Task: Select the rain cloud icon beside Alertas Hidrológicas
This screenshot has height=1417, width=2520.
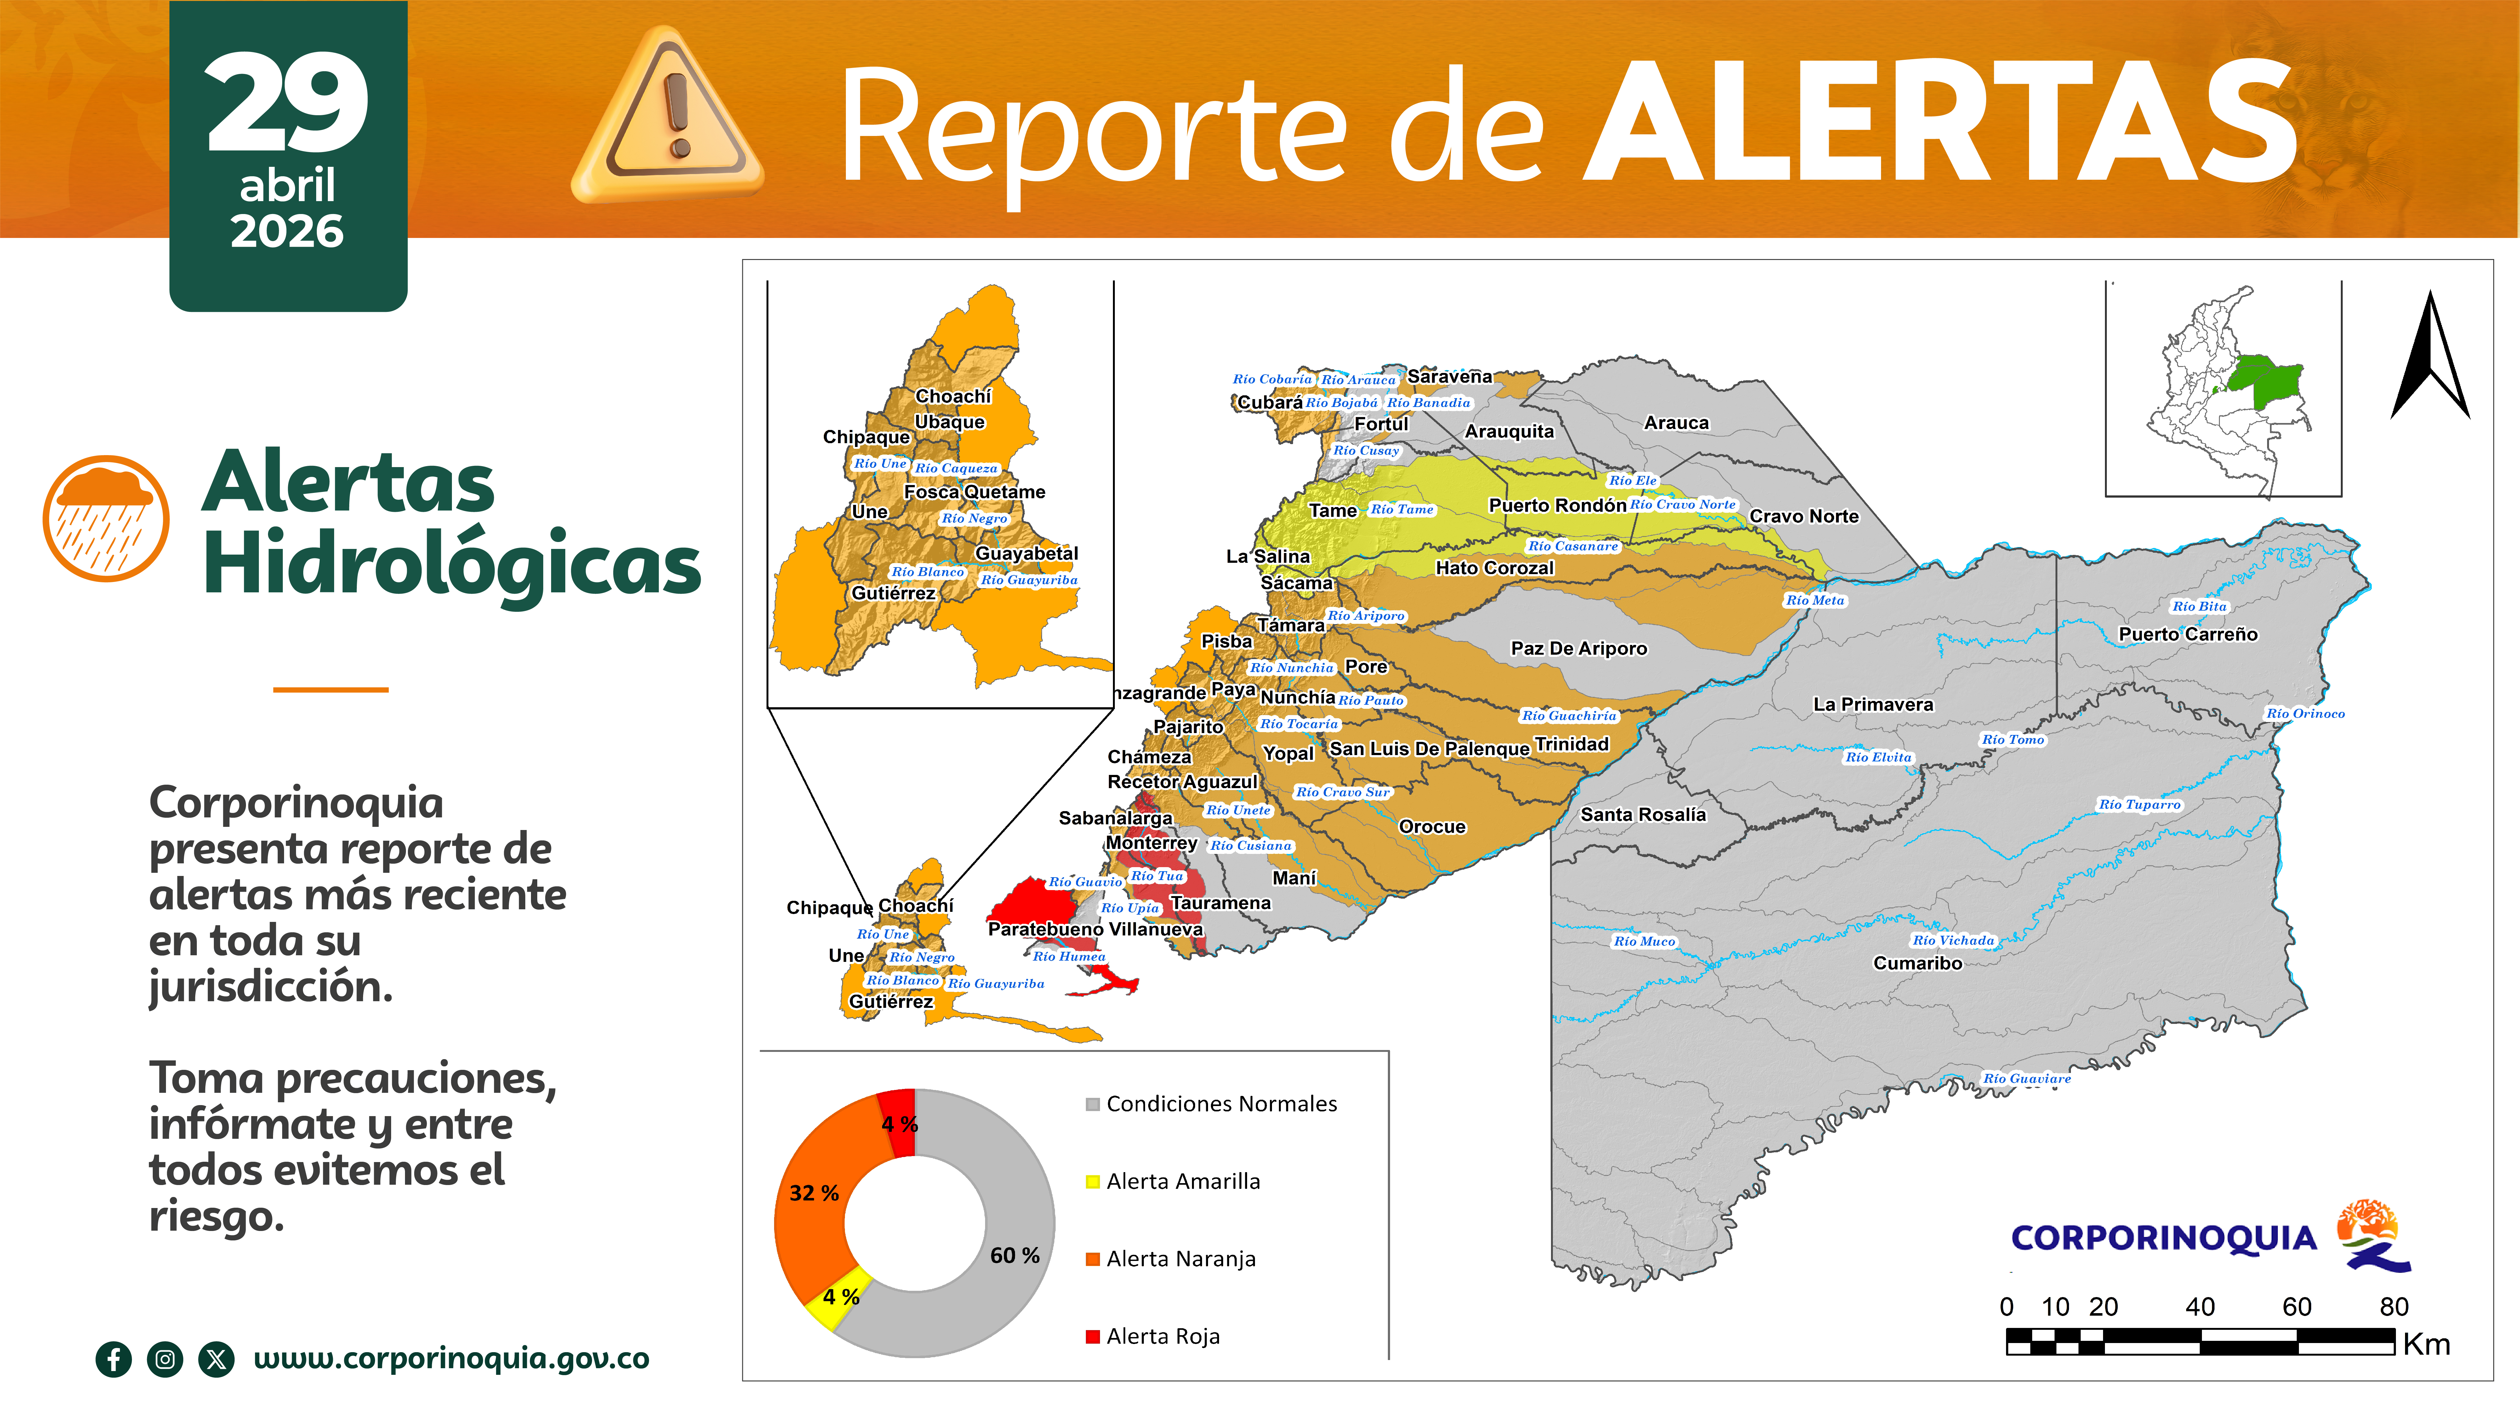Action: point(105,518)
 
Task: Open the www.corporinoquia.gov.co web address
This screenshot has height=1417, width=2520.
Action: point(451,1358)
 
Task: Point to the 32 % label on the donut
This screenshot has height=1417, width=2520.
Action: point(814,1193)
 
